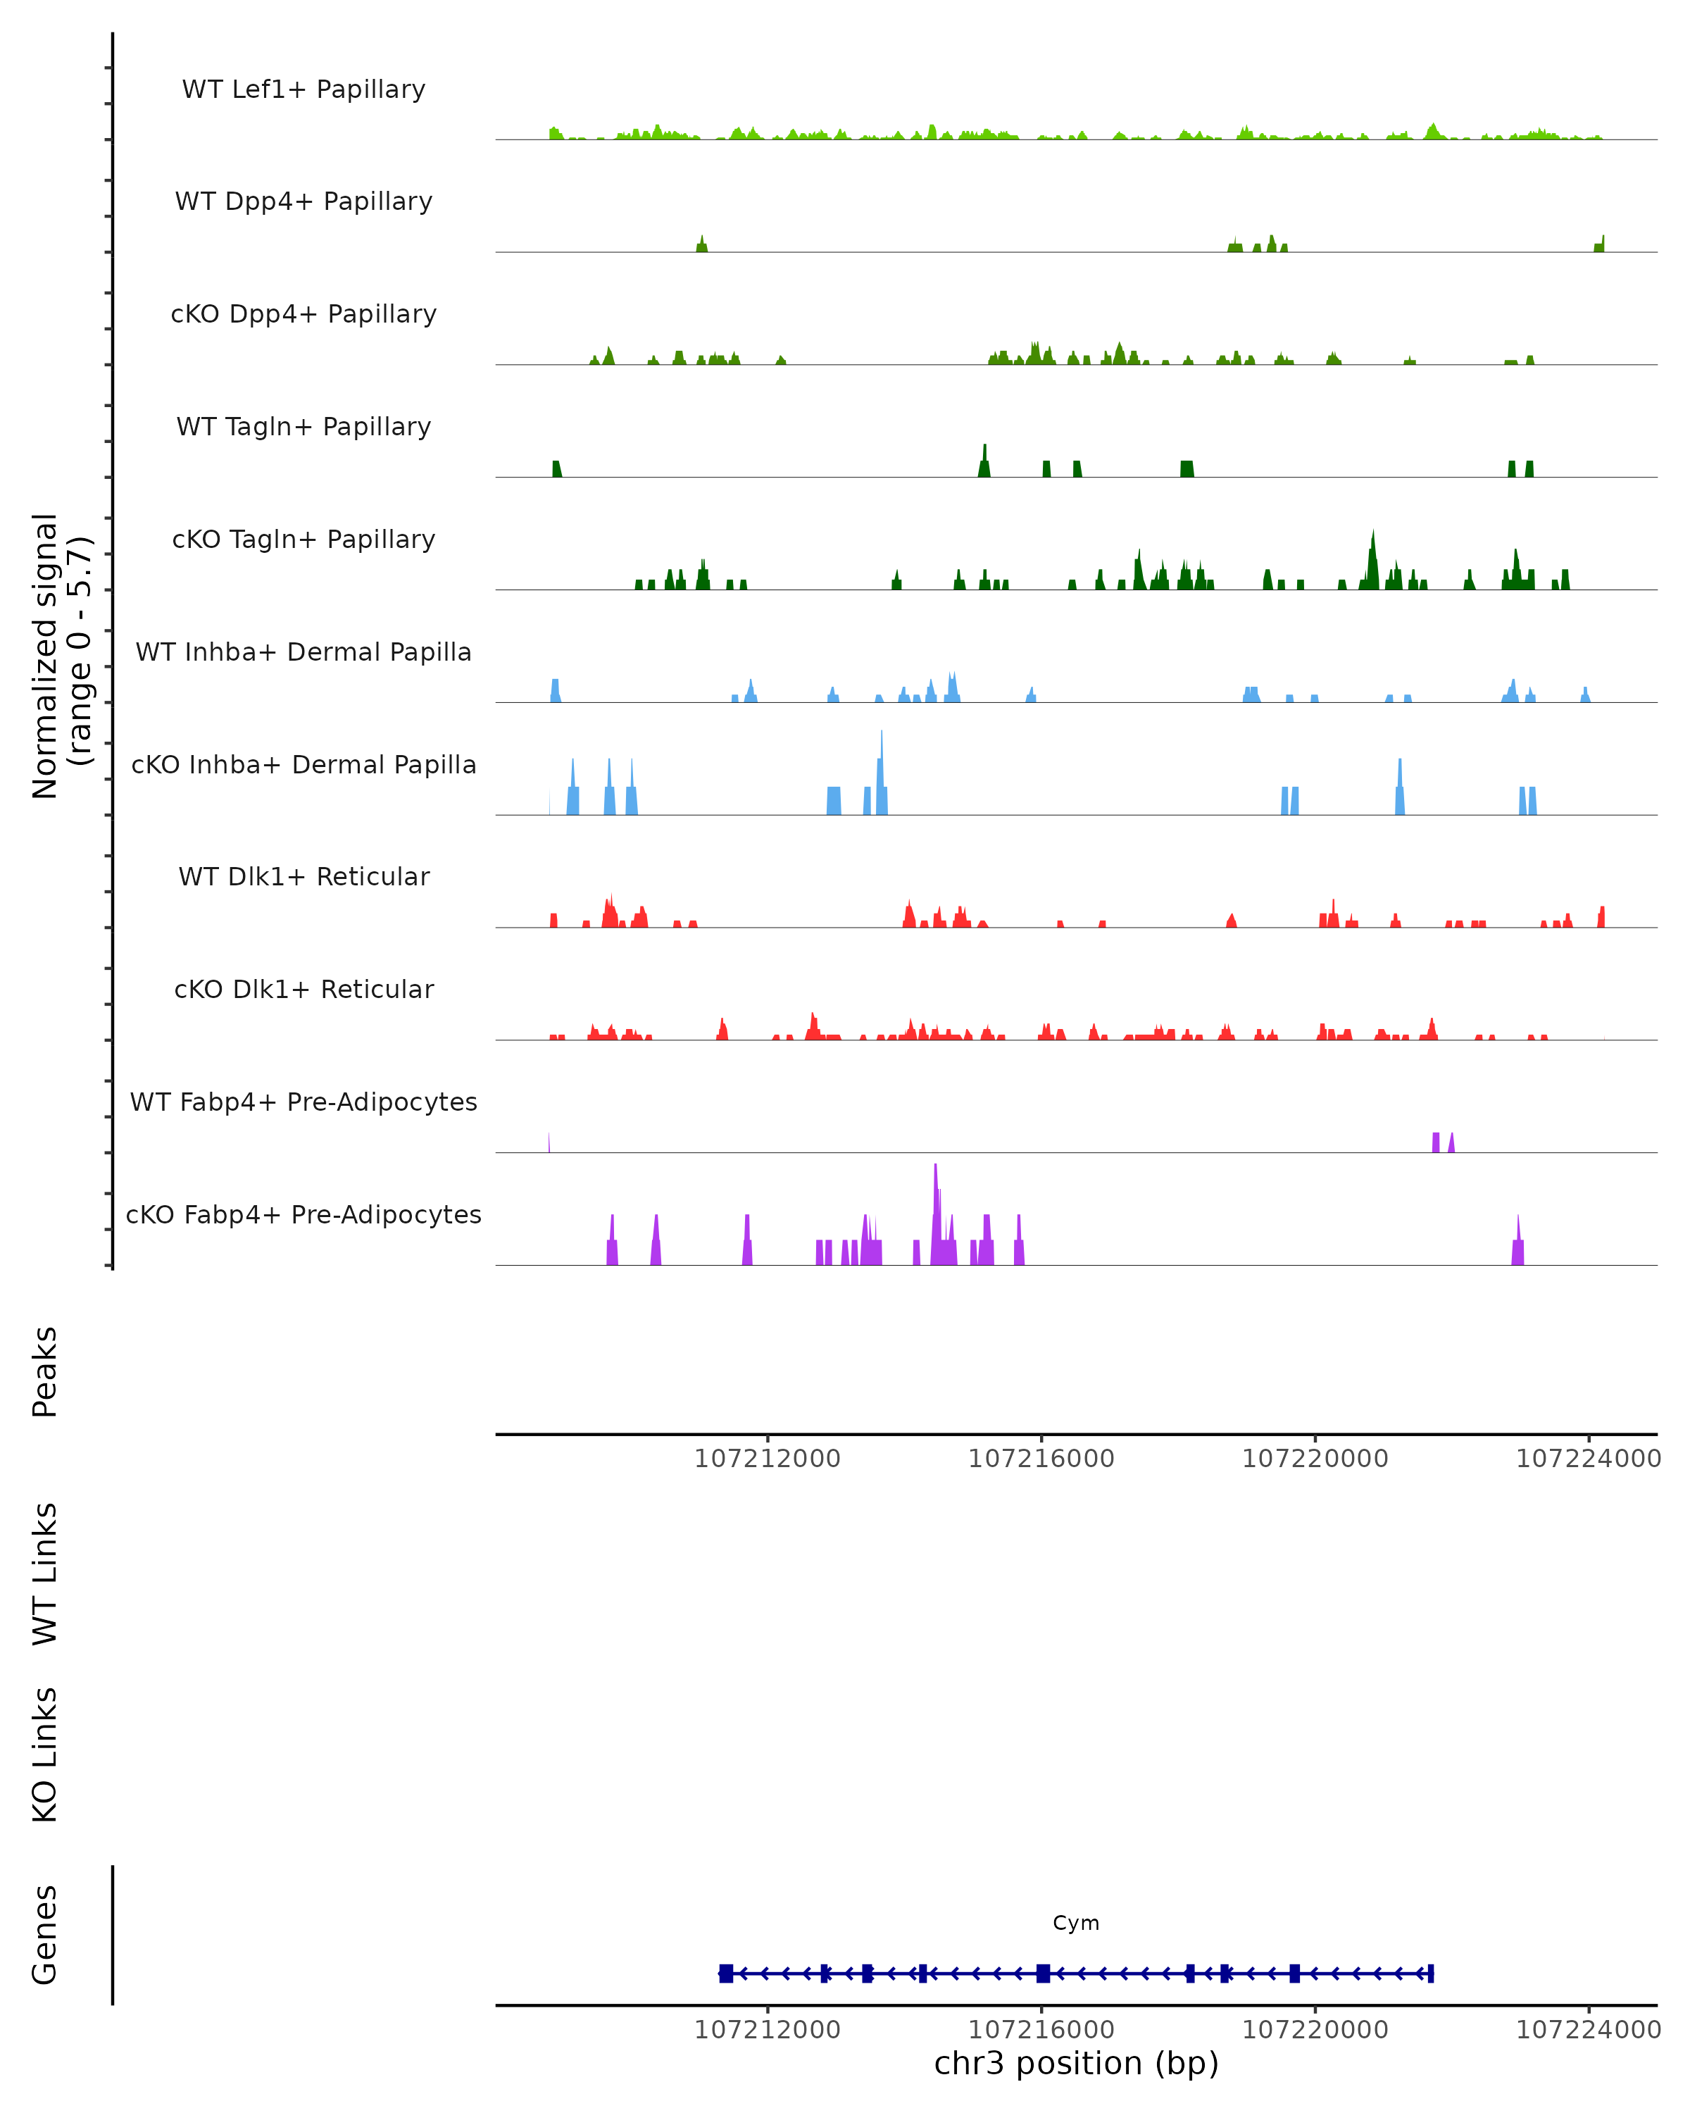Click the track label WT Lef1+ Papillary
pos(303,89)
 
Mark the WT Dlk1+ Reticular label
pos(303,876)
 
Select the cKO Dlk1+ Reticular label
pos(303,989)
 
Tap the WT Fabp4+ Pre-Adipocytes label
pos(303,1102)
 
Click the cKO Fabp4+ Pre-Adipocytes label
pos(303,1214)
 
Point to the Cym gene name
pos(1076,1923)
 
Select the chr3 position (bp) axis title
pos(1076,2063)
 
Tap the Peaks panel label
pos(45,1371)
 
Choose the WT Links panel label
pos(45,1573)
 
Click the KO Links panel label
pos(45,1754)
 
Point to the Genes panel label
pos(45,1935)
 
